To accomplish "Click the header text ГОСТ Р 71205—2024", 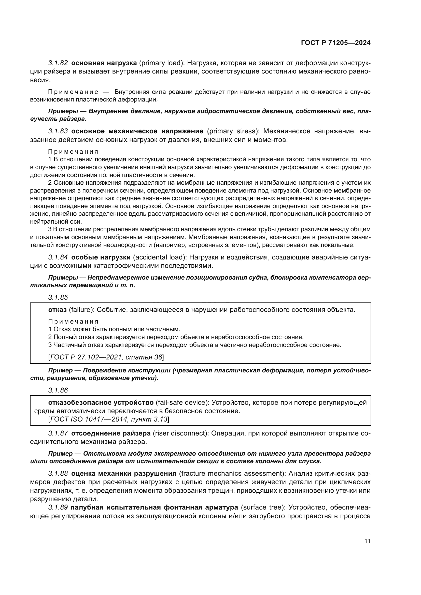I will point(336,43).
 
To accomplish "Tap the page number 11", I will point(367,541).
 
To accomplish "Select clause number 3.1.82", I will point(58,63).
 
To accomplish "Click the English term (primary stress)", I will point(233,131).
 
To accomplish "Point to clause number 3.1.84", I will point(58,257).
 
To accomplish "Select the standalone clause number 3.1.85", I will point(58,297).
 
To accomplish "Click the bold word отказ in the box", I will point(58,310).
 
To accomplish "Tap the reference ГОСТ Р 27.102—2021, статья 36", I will point(106,357).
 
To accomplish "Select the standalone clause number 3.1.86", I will point(58,390).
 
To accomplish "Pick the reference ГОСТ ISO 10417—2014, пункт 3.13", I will point(109,419).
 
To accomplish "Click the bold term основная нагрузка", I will point(104,63).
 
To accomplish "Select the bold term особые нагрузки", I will point(101,257).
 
